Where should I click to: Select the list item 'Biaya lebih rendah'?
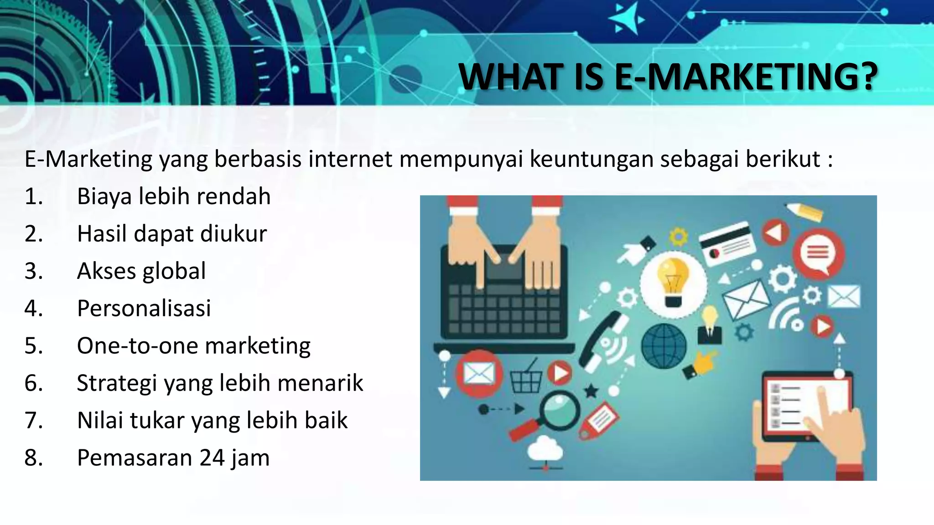[x=174, y=196]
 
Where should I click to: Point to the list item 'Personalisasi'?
[x=144, y=309]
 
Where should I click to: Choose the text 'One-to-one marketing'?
[x=194, y=346]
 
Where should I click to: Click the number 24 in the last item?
[x=212, y=458]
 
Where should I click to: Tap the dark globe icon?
[x=664, y=346]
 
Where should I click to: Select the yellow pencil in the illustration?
[x=805, y=211]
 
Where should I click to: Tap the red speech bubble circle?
[x=818, y=253]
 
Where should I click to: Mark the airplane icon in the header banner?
[x=626, y=20]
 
